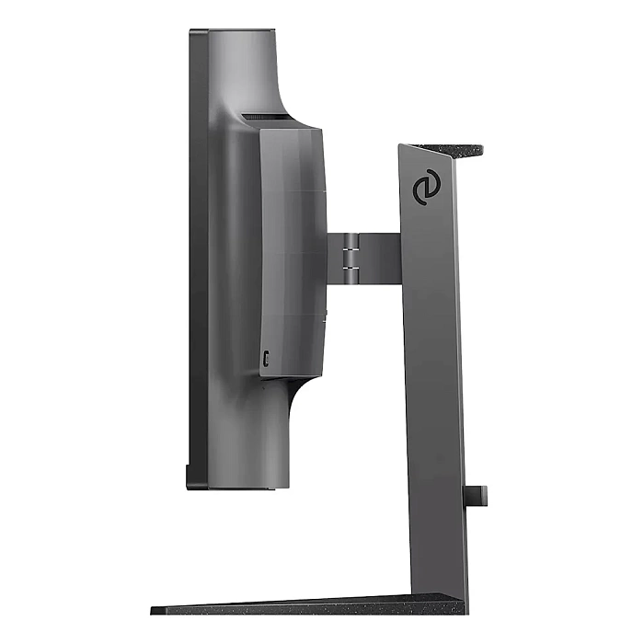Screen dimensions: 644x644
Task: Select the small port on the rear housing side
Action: point(266,359)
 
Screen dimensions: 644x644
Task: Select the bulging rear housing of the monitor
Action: point(292,248)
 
